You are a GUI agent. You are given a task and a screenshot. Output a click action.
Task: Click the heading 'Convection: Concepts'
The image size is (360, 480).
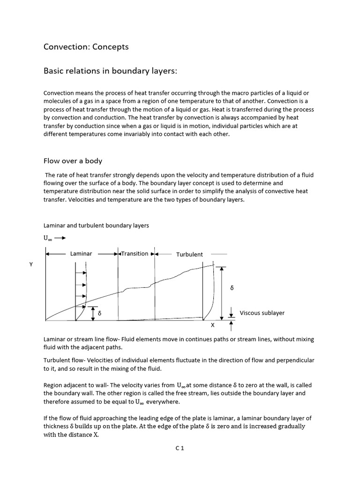pos(86,47)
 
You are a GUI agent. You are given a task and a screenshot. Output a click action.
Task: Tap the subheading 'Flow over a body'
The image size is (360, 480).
pos(73,161)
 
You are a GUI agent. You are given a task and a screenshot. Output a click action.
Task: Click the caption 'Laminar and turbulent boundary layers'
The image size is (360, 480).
pos(96,225)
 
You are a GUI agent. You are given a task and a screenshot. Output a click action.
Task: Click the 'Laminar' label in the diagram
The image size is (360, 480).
pos(81,254)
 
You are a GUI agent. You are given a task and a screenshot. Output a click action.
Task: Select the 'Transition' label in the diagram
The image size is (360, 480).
pos(135,254)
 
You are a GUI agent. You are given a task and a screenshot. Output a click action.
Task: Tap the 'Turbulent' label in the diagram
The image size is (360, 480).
pos(189,254)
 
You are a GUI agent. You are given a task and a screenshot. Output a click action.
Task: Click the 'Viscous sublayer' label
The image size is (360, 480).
pos(262,313)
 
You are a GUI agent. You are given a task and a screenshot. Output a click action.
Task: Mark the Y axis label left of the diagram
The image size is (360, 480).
pos(31,265)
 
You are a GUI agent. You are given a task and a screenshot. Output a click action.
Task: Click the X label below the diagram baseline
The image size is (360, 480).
pos(212,325)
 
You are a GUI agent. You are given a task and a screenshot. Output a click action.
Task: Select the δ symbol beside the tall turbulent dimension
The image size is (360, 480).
pos(232,288)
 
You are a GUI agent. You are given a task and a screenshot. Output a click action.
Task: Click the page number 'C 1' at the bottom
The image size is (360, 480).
pos(180,448)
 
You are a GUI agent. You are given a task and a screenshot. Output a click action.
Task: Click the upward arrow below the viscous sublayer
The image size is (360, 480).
pos(231,325)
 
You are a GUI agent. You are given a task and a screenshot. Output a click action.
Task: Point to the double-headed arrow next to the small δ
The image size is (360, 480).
pos(93,314)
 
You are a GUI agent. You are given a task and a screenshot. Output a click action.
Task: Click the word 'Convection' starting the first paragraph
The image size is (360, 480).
pos(59,93)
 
